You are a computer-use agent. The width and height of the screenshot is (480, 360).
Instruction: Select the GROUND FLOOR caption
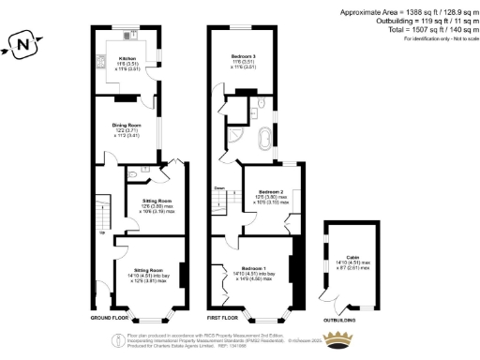110,317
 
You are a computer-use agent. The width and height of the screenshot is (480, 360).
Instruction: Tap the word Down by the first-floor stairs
218,187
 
